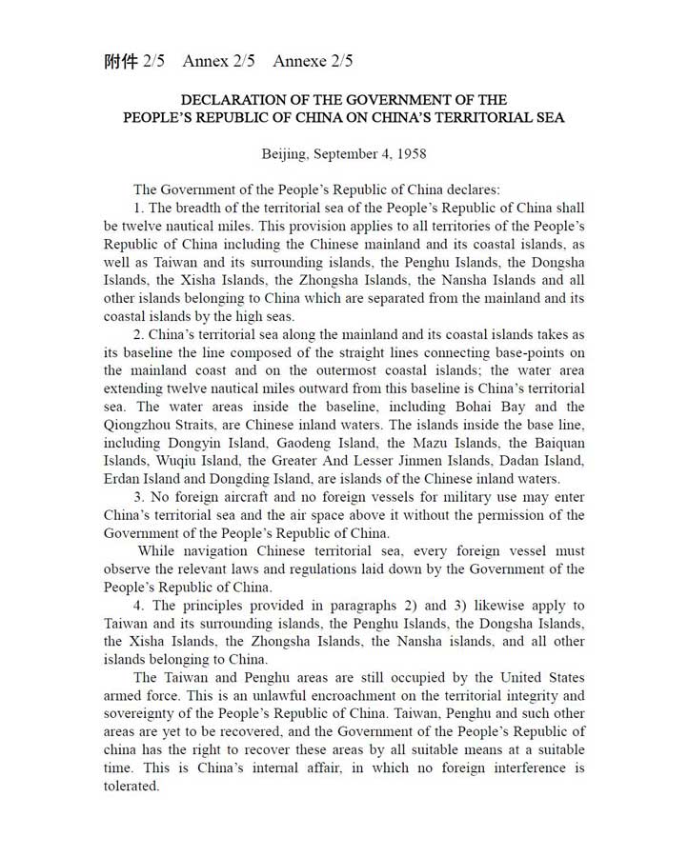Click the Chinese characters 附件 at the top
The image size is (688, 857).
[x=121, y=62]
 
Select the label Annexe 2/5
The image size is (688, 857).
[x=313, y=62]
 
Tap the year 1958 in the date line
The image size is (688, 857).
[x=408, y=153]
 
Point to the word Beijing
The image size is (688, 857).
[x=285, y=153]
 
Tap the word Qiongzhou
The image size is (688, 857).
[x=139, y=425]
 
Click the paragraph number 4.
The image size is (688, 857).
[x=137, y=606]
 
